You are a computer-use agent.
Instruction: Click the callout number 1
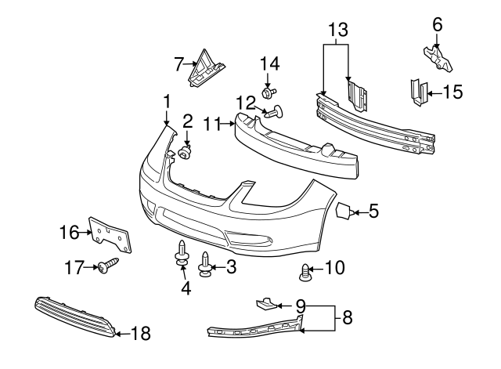click(x=166, y=100)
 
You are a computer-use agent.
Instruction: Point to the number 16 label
click(x=70, y=232)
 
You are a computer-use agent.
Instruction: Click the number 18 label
click(x=140, y=334)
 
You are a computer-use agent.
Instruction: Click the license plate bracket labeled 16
click(x=110, y=234)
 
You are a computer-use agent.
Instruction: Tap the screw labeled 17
click(x=107, y=266)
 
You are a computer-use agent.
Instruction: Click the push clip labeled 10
click(x=306, y=273)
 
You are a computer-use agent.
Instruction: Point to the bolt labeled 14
click(x=269, y=93)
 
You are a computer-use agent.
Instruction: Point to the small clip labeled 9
click(x=267, y=302)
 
